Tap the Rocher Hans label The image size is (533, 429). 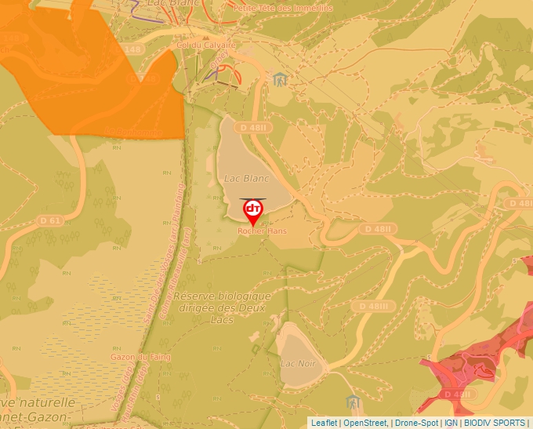262,231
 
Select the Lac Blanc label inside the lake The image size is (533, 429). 241,178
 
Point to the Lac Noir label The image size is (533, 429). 298,363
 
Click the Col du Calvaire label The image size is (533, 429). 206,45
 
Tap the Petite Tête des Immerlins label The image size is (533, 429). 283,8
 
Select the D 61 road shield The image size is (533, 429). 50,220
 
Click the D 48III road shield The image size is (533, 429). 375,306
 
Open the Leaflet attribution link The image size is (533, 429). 324,423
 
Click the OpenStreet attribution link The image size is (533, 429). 365,423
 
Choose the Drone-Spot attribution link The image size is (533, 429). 416,423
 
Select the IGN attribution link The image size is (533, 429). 451,423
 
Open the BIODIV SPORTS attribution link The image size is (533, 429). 494,423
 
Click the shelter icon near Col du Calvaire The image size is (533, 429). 279,79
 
